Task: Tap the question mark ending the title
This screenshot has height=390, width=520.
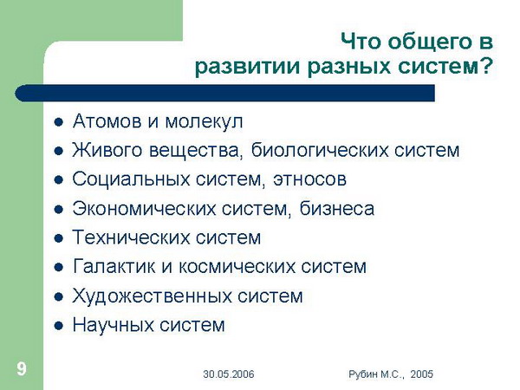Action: coord(486,66)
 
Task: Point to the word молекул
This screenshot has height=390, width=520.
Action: coord(204,121)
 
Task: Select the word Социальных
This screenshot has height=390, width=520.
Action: coord(131,179)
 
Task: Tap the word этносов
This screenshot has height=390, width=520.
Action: coord(309,179)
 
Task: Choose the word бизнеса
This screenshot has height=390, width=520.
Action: coord(336,209)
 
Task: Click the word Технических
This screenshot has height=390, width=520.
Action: coord(131,237)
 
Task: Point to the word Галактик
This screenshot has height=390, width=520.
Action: coord(114,267)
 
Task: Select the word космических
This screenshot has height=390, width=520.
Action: coord(237,267)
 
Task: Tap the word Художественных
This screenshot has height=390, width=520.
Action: coord(152,296)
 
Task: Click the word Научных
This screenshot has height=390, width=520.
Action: coord(113,325)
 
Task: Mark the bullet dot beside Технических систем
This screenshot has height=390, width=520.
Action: coord(59,238)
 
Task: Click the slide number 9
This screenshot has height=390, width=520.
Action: coord(22,369)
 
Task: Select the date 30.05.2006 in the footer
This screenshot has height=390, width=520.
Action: coord(229,374)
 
